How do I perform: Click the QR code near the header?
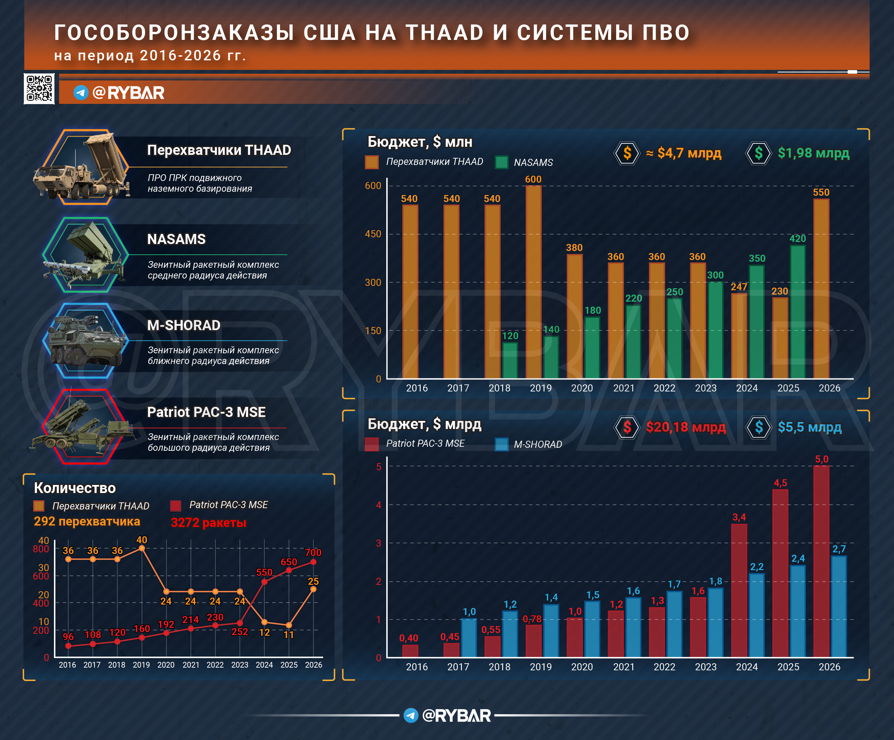point(39,88)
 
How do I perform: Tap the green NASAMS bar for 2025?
point(797,311)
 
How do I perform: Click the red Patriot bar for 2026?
point(821,562)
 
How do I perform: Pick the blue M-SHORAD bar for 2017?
point(469,637)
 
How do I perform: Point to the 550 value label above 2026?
point(821,192)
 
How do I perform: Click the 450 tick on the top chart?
point(373,234)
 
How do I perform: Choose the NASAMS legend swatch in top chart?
point(501,162)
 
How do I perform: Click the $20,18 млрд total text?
point(686,427)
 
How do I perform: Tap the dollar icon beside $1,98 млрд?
point(759,153)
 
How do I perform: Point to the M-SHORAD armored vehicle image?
point(85,341)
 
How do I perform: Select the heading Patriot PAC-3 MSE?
point(206,412)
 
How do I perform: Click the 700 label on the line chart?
point(313,552)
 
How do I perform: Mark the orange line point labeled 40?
point(142,548)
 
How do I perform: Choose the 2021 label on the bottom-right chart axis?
point(624,667)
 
